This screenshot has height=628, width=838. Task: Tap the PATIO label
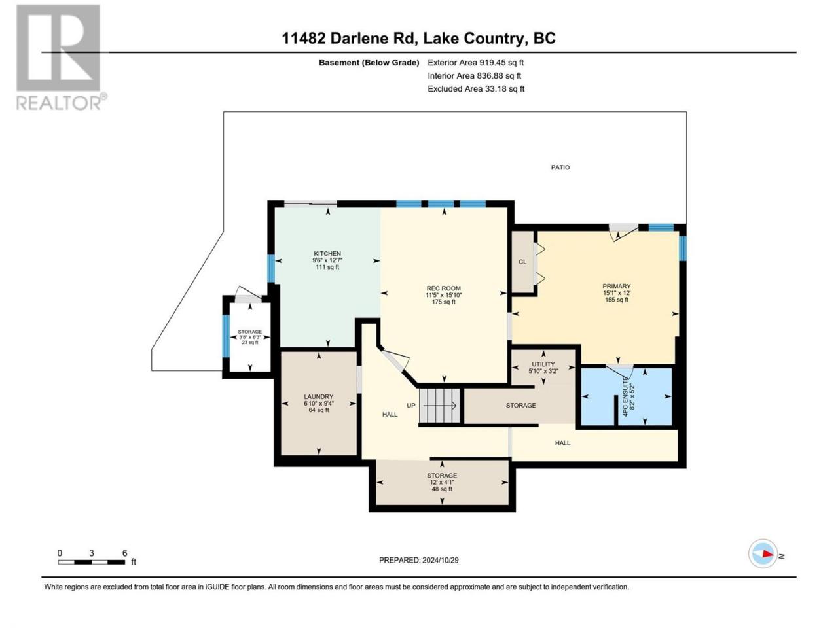pyautogui.click(x=560, y=167)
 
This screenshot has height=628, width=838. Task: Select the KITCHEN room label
pyautogui.click(x=327, y=254)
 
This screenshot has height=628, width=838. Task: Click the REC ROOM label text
pyautogui.click(x=444, y=288)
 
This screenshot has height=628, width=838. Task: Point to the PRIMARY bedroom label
pyautogui.click(x=616, y=286)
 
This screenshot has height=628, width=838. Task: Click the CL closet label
pyautogui.click(x=522, y=262)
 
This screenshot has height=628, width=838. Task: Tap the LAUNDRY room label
pyautogui.click(x=318, y=396)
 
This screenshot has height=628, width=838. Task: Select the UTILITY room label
pyautogui.click(x=543, y=364)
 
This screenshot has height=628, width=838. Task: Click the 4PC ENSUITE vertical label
pyautogui.click(x=625, y=396)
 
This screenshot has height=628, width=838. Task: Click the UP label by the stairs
pyautogui.click(x=410, y=406)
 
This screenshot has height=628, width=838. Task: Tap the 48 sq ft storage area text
pyautogui.click(x=442, y=489)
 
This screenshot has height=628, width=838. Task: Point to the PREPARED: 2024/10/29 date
pyautogui.click(x=418, y=560)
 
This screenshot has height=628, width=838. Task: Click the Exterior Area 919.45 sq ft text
pyautogui.click(x=476, y=63)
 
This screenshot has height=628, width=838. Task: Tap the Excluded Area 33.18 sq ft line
pyautogui.click(x=476, y=89)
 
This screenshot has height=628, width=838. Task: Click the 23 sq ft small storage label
pyautogui.click(x=250, y=342)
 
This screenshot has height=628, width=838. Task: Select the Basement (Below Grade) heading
pyautogui.click(x=369, y=63)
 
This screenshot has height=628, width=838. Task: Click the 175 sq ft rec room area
pyautogui.click(x=444, y=302)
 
